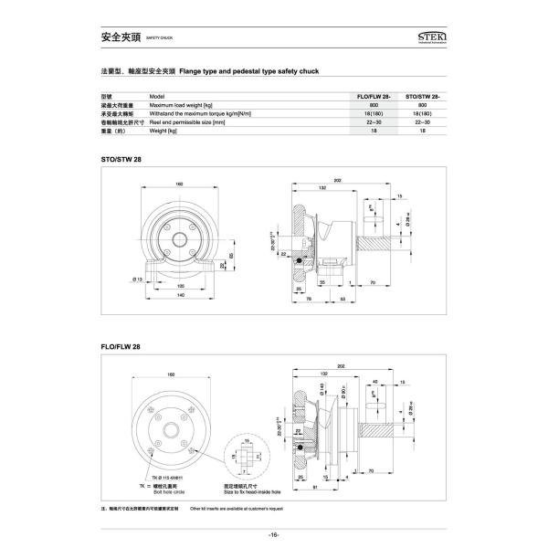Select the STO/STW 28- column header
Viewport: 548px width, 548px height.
[422, 96]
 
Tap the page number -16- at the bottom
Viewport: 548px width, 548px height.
[273, 534]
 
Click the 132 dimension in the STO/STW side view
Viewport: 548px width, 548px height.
[321, 187]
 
